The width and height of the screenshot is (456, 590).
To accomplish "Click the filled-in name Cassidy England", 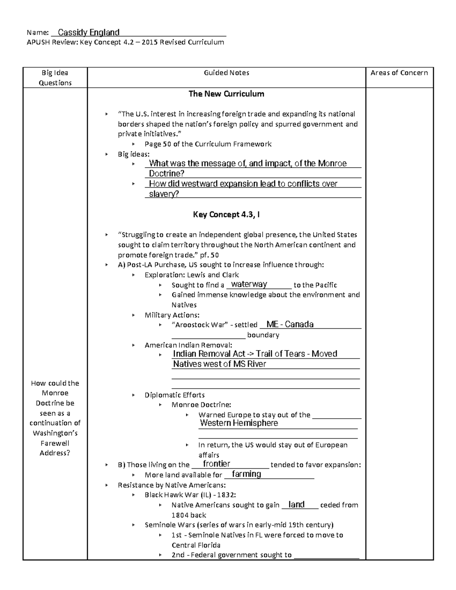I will click(x=89, y=33).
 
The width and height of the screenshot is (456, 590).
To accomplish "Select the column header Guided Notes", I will click(x=226, y=73).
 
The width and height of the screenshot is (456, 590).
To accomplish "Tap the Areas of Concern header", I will click(x=399, y=73).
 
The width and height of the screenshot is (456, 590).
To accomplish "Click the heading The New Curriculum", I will click(x=226, y=94).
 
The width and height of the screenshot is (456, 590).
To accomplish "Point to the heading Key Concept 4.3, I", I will click(x=226, y=215).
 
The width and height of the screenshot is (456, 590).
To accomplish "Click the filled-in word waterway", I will click(x=249, y=284).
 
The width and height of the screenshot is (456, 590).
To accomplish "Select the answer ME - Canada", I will click(x=290, y=324).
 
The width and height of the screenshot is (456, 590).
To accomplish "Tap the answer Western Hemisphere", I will click(x=239, y=423).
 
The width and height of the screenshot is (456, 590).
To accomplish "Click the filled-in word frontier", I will click(x=217, y=463).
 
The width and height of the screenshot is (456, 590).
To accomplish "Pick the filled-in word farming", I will click(x=247, y=474).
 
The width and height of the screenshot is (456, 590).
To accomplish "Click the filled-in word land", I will click(x=297, y=505).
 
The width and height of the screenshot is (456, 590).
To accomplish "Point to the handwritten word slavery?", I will click(x=164, y=194).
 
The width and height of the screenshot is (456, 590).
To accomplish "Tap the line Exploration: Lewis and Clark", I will click(x=192, y=275).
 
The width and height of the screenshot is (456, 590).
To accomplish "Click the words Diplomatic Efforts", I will click(x=174, y=395).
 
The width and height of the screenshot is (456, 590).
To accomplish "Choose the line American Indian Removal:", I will click(x=188, y=345).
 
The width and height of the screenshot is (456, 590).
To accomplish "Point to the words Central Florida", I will click(x=196, y=545).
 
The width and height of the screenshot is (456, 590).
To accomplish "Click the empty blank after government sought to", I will click(x=327, y=556).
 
